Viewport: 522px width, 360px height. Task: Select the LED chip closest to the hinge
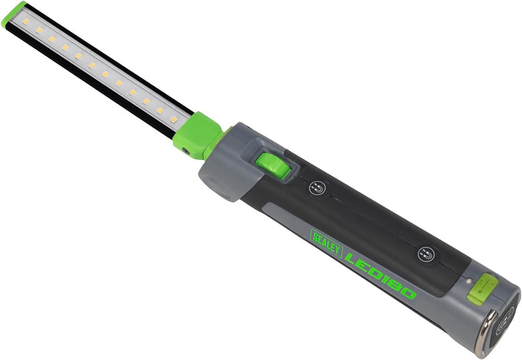click(174, 119)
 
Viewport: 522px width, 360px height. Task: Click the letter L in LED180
click(353, 257)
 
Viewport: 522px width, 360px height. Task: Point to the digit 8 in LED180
click(394, 282)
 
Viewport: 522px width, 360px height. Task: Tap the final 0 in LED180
click(407, 293)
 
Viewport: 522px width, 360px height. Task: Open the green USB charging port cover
click(481, 288)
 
